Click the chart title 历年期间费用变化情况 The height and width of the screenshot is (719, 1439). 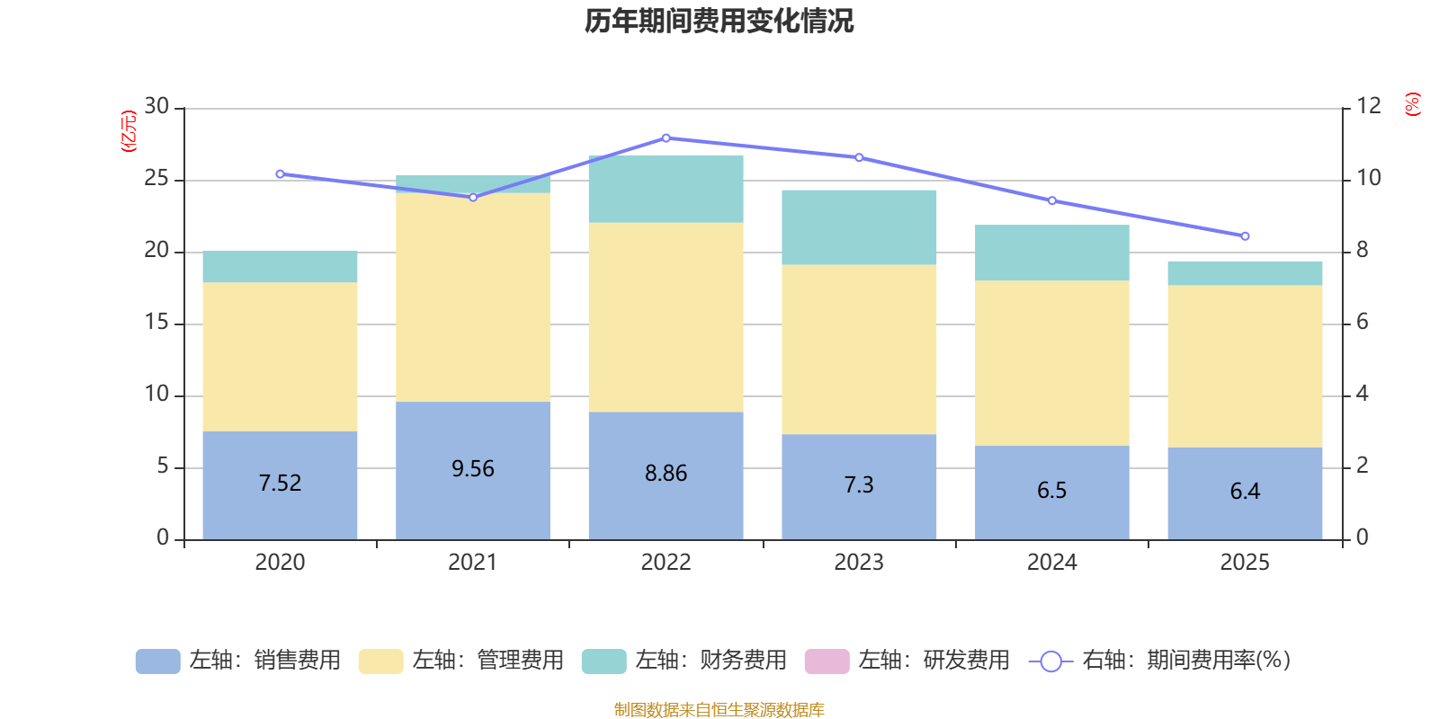(x=719, y=22)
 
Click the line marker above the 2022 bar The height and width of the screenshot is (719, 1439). (x=666, y=138)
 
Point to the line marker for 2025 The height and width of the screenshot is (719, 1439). (x=1245, y=236)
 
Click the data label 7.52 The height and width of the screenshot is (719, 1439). (x=280, y=484)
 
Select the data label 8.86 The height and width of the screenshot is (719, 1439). (x=666, y=474)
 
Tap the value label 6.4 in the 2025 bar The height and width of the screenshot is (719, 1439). (x=1245, y=492)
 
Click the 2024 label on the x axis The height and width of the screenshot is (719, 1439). (x=1051, y=563)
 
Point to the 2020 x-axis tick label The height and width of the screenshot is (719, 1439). (x=280, y=563)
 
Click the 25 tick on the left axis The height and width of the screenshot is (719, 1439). (x=157, y=179)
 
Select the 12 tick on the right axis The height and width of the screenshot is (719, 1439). (x=1369, y=106)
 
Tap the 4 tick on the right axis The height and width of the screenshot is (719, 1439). (x=1363, y=394)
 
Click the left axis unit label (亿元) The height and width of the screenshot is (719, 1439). (x=129, y=131)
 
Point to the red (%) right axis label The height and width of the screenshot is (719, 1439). (x=1413, y=104)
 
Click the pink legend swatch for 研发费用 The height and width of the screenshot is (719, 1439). (x=827, y=661)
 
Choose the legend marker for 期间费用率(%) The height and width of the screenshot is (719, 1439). (x=1050, y=661)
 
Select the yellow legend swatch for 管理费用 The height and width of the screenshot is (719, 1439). (x=380, y=661)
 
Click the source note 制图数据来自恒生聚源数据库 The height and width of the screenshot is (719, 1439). (x=719, y=710)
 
